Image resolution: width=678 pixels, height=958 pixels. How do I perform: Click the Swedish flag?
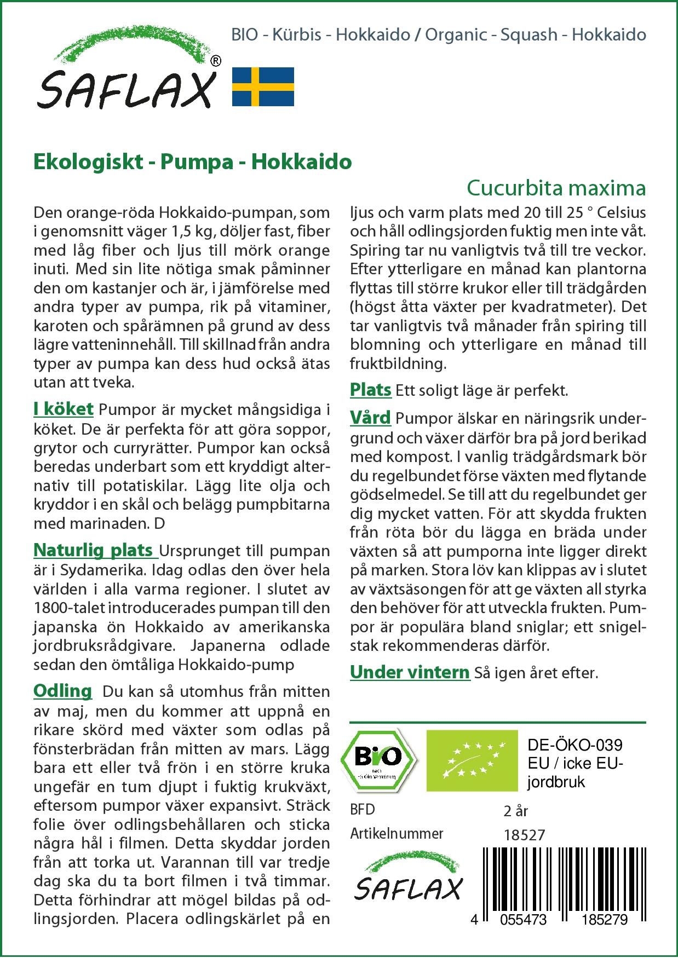click(x=263, y=86)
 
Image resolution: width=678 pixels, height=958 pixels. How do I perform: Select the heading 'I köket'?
click(x=64, y=409)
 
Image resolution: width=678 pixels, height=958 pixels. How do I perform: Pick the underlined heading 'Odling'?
click(x=62, y=691)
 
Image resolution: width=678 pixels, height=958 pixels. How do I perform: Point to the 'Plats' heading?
click(x=370, y=390)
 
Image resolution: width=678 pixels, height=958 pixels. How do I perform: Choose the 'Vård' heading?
click(x=370, y=418)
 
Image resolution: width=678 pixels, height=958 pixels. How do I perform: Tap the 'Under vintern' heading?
click(x=410, y=672)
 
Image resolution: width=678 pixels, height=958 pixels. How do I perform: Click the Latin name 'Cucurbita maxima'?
click(x=556, y=188)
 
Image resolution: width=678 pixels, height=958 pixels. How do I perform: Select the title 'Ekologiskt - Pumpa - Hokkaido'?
click(x=192, y=162)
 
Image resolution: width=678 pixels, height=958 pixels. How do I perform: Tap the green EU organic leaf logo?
click(x=472, y=760)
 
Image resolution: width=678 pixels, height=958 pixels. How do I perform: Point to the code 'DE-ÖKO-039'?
click(x=574, y=745)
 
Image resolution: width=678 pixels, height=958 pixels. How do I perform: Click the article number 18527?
click(x=524, y=835)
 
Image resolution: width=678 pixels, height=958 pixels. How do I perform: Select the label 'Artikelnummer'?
click(x=397, y=834)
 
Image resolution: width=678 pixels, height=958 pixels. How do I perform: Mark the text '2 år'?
click(x=515, y=811)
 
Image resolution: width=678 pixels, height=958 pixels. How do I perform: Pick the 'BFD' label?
click(x=363, y=810)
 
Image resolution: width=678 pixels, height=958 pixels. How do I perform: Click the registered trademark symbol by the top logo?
click(x=216, y=62)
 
